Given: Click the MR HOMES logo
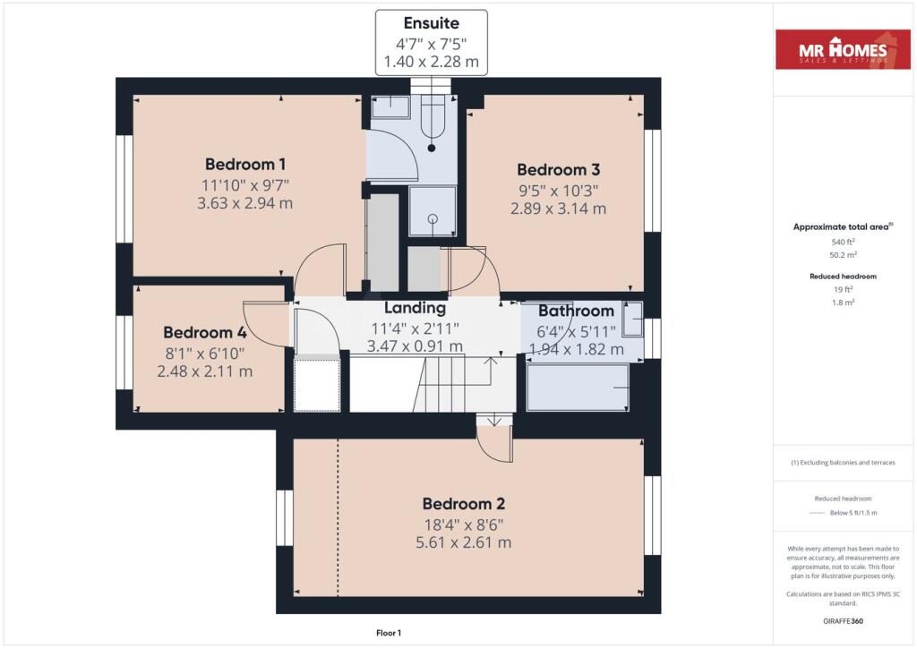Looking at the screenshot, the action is [843, 49].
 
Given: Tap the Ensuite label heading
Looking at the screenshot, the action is [432, 23].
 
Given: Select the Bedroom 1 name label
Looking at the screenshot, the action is [245, 164].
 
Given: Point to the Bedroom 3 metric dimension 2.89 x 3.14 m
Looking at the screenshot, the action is [558, 209].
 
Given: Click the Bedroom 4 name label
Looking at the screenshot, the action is [205, 332].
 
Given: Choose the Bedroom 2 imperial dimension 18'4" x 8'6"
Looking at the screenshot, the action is [464, 524].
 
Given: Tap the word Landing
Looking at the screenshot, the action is [415, 308].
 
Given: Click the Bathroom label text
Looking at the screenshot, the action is [576, 311].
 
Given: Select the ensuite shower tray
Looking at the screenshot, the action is [433, 211].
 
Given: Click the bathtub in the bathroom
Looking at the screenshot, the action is [578, 388].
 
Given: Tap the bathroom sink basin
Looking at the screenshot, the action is [632, 319].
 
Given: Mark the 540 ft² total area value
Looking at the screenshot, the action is [843, 242].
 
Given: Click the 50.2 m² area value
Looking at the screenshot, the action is [843, 255].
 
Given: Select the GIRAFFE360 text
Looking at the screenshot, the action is [843, 621].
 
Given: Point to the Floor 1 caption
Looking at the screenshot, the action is [389, 633].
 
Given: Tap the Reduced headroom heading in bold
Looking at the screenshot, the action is [843, 277].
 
